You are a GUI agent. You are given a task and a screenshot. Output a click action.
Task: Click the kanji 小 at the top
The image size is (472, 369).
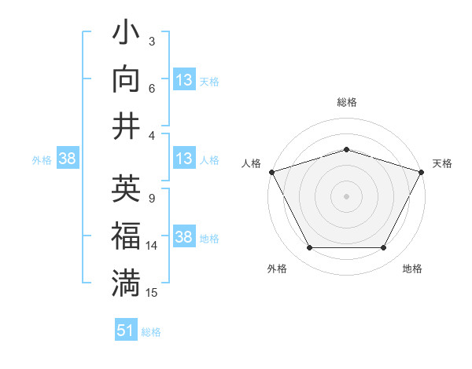(x=127, y=35)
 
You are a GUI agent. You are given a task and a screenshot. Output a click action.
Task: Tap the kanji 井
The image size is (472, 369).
(x=127, y=126)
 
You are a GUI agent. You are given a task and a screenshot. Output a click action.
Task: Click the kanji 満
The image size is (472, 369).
(x=127, y=283)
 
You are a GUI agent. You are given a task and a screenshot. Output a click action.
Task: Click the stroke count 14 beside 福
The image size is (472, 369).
(x=153, y=246)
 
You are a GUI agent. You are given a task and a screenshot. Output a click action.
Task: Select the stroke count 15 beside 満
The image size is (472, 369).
(x=153, y=292)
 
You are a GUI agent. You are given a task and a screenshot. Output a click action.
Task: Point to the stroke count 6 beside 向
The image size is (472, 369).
(x=151, y=88)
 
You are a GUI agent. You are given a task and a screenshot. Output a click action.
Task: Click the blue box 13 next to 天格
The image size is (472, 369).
(x=183, y=80)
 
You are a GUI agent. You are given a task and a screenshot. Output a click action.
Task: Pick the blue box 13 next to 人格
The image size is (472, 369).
(x=183, y=159)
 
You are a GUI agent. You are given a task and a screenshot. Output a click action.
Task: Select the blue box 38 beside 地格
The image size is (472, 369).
(x=183, y=238)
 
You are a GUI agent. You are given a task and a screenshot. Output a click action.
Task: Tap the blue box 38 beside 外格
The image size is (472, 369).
(x=67, y=159)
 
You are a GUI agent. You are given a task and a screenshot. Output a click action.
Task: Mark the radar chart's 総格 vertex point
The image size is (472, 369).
(x=346, y=149)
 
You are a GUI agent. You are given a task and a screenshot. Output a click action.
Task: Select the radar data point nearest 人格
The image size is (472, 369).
(x=271, y=172)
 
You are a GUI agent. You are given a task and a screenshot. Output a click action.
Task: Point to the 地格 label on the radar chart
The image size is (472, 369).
(x=412, y=269)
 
